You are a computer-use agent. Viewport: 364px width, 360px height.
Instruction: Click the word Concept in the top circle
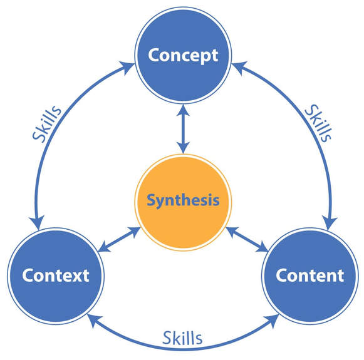point(183,56)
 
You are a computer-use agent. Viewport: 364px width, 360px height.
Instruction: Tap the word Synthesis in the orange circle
point(183,200)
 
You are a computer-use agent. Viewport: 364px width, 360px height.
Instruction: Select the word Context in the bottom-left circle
point(56,275)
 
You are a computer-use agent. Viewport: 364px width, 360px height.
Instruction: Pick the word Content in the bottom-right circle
point(310,275)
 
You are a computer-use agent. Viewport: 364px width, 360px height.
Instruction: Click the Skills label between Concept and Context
point(47,123)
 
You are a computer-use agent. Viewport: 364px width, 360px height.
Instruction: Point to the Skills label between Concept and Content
point(318,123)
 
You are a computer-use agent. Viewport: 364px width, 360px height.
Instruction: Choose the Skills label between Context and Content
point(182,338)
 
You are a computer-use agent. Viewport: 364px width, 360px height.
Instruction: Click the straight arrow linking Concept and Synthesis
point(184,129)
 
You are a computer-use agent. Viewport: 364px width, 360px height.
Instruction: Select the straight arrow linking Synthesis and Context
point(120,240)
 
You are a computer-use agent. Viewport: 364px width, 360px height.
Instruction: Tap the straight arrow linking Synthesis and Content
point(247,240)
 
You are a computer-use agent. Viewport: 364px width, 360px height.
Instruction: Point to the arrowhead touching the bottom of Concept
point(184,110)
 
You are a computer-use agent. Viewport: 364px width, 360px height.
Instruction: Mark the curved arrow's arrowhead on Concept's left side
point(127,67)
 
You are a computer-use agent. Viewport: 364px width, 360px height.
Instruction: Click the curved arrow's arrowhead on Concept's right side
point(239,67)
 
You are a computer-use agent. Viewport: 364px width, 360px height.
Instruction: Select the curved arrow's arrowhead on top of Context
point(37,222)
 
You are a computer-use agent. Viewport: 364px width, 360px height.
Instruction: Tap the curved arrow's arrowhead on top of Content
point(329,223)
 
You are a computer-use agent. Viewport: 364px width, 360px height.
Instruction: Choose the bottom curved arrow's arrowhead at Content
point(272,321)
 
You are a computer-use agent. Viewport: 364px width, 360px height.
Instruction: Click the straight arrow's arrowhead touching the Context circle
point(103,247)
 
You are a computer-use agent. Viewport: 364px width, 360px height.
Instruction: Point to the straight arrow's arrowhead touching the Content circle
point(263,247)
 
